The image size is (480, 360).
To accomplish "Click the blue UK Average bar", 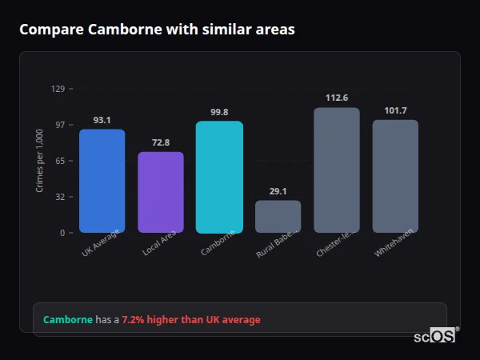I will [102, 181].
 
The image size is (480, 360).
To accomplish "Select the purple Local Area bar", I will [161, 192].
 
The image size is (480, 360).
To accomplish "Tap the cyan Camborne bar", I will [219, 177].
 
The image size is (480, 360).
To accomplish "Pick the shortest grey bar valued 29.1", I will [278, 216].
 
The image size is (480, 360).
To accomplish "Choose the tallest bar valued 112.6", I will [337, 170].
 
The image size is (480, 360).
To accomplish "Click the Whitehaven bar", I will [395, 176].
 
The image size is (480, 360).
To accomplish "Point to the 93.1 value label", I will [102, 120].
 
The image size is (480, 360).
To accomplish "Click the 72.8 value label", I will [161, 142].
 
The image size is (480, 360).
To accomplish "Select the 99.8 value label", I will [219, 112].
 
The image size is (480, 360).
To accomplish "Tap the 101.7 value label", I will [395, 110].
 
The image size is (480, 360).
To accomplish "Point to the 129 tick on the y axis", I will [58, 89].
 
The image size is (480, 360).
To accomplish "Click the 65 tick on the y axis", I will [59, 161].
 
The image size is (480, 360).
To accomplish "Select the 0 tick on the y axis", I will [62, 233].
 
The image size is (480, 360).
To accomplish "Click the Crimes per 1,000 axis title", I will [40, 161].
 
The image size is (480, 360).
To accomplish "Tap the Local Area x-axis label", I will [160, 244].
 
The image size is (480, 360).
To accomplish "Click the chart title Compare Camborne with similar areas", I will [157, 30].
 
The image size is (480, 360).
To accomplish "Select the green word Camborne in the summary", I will [67, 320].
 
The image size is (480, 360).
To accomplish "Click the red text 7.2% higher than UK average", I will [190, 320].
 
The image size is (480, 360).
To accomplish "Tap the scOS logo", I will [434, 336].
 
